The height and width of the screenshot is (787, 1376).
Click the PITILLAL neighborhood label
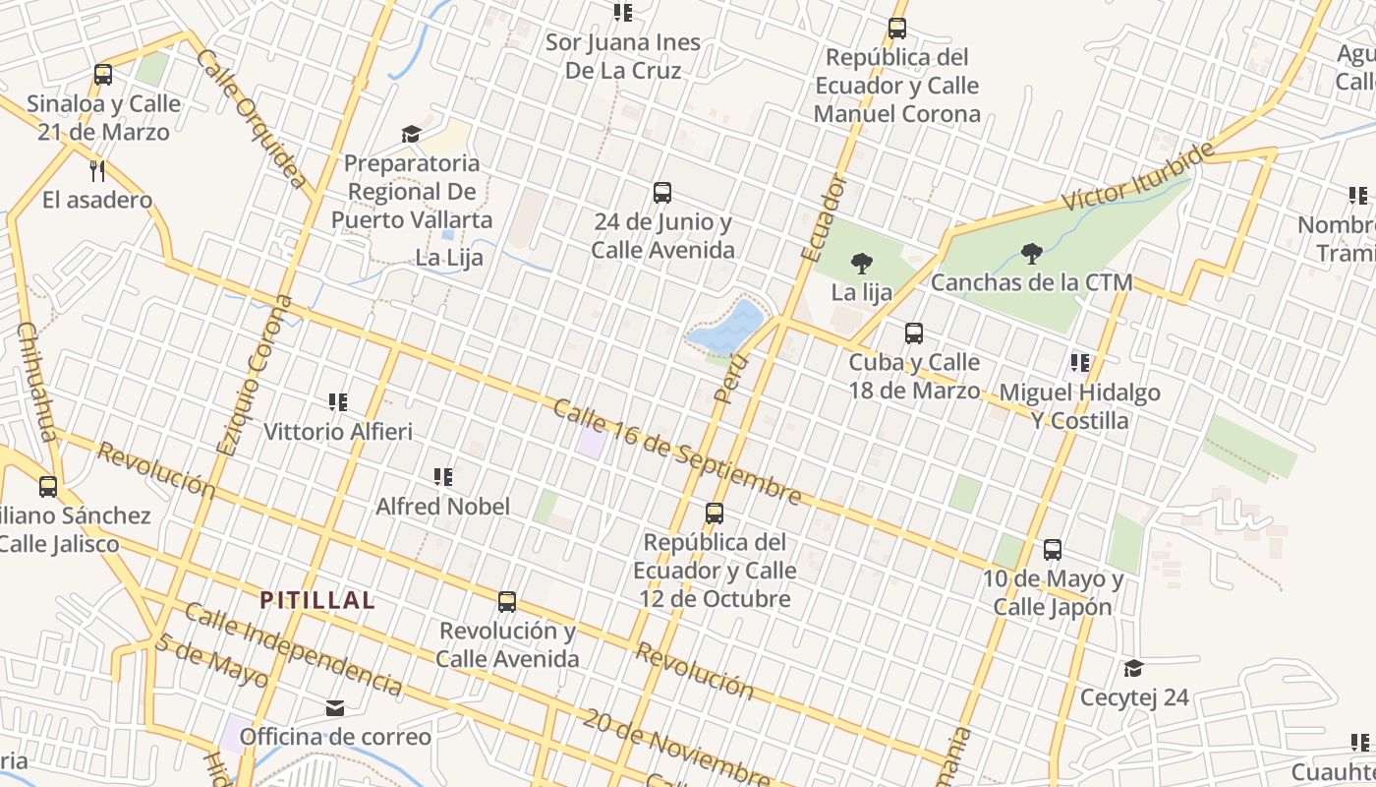coord(317,600)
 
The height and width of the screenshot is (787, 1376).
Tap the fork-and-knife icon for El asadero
coord(97,171)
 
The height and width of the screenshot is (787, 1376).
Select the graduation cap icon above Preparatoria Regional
coord(411,134)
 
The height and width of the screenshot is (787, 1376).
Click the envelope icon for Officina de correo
coord(335,708)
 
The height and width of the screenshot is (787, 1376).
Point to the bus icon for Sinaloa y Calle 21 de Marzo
coord(103,75)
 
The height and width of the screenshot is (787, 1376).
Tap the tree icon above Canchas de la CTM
coord(1031,255)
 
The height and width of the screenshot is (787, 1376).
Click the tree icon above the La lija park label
coord(862,264)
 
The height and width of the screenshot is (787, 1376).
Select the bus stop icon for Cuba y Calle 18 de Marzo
coord(914,333)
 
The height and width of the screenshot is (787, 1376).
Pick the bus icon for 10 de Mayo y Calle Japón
coord(1053,550)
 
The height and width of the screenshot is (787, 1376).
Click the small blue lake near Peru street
coord(728,328)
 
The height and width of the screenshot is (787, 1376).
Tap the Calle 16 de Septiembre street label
coord(677,453)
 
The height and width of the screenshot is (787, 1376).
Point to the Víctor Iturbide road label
coord(1138,178)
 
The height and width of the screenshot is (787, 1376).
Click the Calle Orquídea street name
coord(252,117)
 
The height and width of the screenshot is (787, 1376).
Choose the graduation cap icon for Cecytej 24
coord(1133,669)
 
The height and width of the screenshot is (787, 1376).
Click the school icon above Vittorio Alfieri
coord(338,402)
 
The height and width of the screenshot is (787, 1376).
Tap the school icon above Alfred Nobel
coord(443,478)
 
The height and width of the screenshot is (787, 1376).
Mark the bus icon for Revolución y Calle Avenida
coord(507,602)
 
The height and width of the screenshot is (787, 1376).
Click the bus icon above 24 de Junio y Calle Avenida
coord(662,193)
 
